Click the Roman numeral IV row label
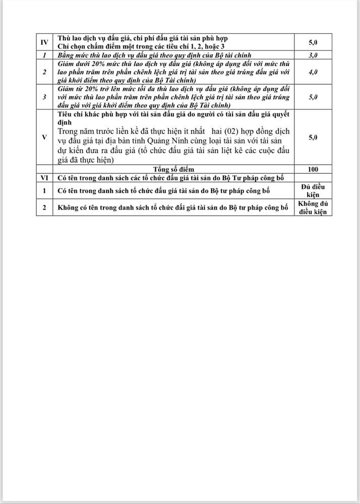pyautogui.click(x=44, y=42)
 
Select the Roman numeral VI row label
pyautogui.click(x=44, y=177)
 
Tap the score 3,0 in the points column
pyautogui.click(x=313, y=54)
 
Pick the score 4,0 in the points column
pyautogui.click(x=313, y=72)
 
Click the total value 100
pyautogui.click(x=313, y=169)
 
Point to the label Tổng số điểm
pyautogui.click(x=173, y=169)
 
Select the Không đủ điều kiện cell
pyautogui.click(x=313, y=208)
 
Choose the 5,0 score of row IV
pyautogui.click(x=313, y=42)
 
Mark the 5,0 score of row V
pyautogui.click(x=313, y=137)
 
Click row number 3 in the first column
pyautogui.click(x=44, y=97)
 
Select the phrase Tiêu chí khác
pyautogui.click(x=76, y=114)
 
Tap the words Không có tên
pyautogui.click(x=79, y=207)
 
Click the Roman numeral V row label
pyautogui.click(x=44, y=137)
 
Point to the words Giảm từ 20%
pyautogui.click(x=75, y=89)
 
